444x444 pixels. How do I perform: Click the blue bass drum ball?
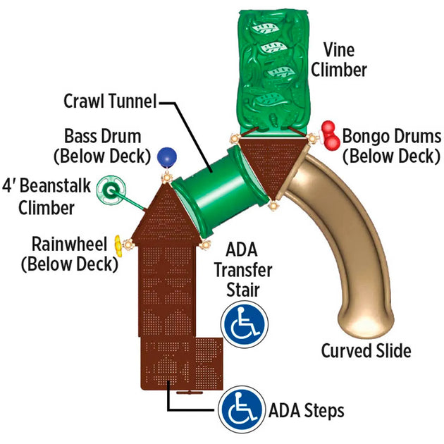pyautogui.click(x=166, y=156)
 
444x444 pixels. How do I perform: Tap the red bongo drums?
pyautogui.click(x=329, y=136)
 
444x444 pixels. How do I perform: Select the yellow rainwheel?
pyautogui.click(x=120, y=246)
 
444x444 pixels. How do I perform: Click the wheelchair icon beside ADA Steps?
pyautogui.click(x=241, y=410)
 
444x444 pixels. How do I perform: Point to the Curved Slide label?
pyautogui.click(x=366, y=350)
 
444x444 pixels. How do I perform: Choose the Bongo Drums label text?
pyautogui.click(x=391, y=145)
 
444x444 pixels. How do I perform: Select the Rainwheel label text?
pyautogui.click(x=68, y=254)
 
